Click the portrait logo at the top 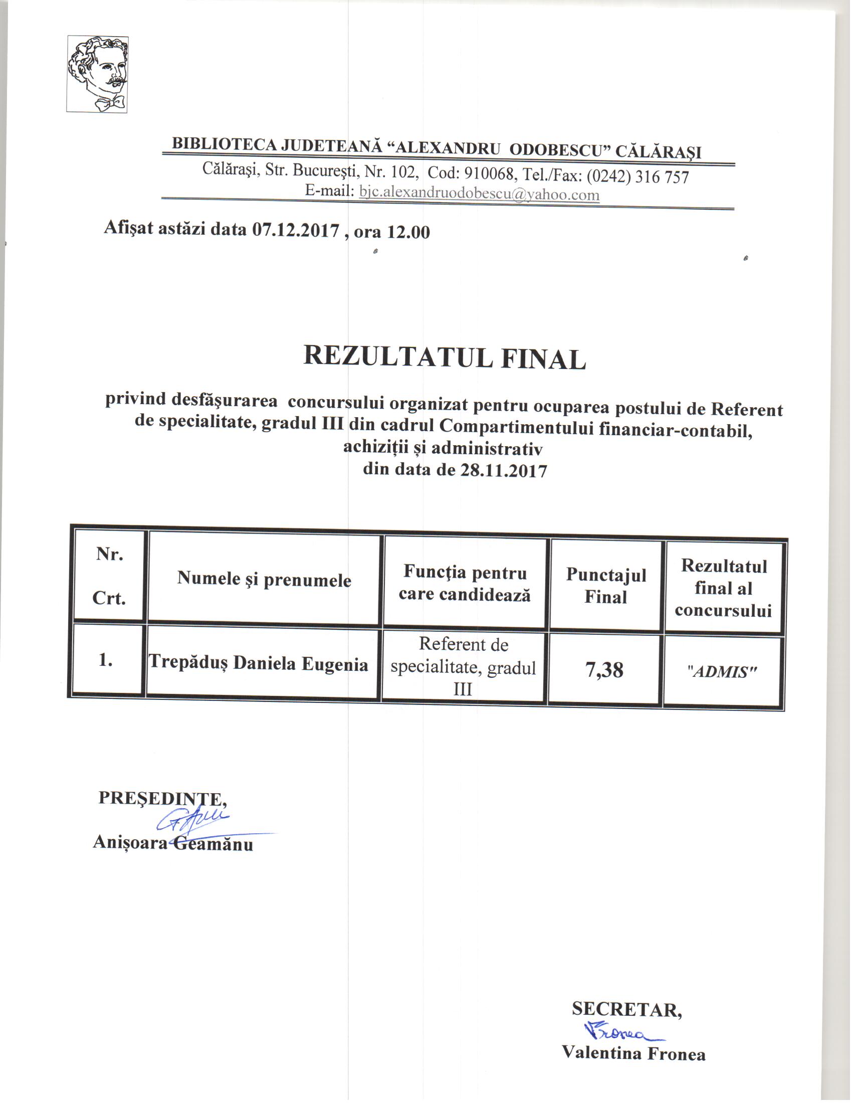(x=97, y=74)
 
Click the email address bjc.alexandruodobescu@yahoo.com (x=479, y=194)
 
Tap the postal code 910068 (x=489, y=174)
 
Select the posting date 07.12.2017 (x=295, y=230)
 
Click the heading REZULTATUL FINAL (x=444, y=357)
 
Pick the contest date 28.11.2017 (x=503, y=471)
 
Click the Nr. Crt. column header (x=110, y=576)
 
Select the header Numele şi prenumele (x=264, y=579)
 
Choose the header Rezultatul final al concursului (x=723, y=589)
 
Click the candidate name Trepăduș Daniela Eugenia (x=259, y=664)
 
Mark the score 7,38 (x=604, y=670)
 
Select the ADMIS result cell (x=723, y=672)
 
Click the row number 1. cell (x=105, y=660)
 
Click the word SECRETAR (x=627, y=1010)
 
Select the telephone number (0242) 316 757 (x=637, y=176)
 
